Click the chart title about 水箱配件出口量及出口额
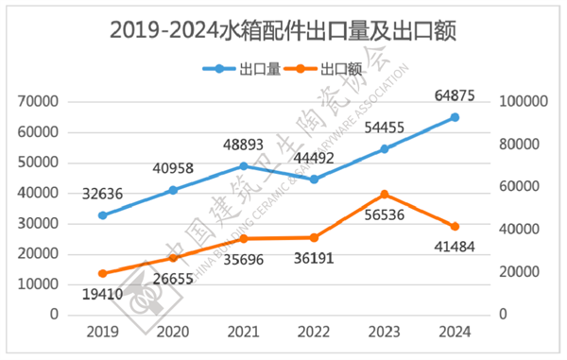point(283,30)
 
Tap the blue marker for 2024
point(455,117)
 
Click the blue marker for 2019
point(103,215)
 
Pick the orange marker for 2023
point(385,194)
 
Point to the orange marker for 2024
point(455,226)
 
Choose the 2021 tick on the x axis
point(244,332)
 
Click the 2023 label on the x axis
point(385,332)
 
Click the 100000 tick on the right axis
point(516,101)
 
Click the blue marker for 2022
point(314,179)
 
